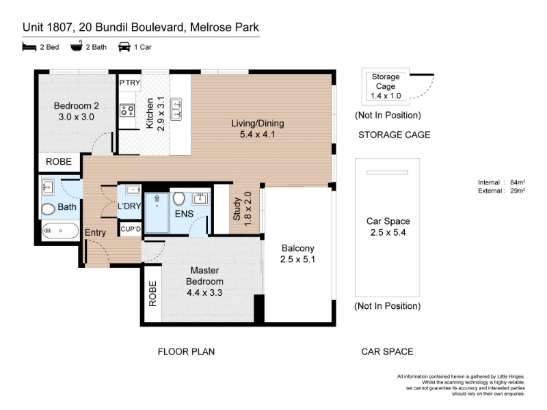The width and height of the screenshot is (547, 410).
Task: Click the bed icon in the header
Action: pyautogui.click(x=29, y=46)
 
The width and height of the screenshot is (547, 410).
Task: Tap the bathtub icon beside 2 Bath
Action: pyautogui.click(x=77, y=46)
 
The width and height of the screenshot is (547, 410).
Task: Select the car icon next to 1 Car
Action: pyautogui.click(x=124, y=46)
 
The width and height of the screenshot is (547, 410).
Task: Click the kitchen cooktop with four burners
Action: pyautogui.click(x=127, y=111)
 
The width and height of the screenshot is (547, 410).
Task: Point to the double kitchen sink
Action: pyautogui.click(x=176, y=109)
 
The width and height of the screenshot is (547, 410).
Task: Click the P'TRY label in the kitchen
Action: pyautogui.click(x=129, y=83)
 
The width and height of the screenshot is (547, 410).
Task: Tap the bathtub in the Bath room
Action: pyautogui.click(x=60, y=230)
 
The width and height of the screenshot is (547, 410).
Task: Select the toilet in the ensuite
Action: pyautogui.click(x=179, y=199)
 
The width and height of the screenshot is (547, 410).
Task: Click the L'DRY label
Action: pyautogui.click(x=129, y=206)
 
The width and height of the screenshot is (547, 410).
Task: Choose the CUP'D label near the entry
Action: pyautogui.click(x=131, y=229)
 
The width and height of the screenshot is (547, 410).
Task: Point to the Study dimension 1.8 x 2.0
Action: pyautogui.click(x=248, y=208)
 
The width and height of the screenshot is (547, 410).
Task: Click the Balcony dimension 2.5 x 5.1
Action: pyautogui.click(x=297, y=260)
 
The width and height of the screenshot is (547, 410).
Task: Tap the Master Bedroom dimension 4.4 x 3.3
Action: pyautogui.click(x=204, y=292)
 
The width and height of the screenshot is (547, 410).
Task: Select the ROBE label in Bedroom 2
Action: pyautogui.click(x=59, y=162)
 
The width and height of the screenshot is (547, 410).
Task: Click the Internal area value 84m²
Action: pyautogui.click(x=518, y=182)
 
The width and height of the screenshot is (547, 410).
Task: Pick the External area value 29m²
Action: pyautogui.click(x=518, y=191)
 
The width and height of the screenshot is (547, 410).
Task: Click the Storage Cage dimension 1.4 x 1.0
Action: pyautogui.click(x=386, y=96)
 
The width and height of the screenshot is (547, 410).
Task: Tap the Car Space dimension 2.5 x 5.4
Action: pyautogui.click(x=388, y=232)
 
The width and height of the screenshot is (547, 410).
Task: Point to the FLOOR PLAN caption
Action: pyautogui.click(x=186, y=351)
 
